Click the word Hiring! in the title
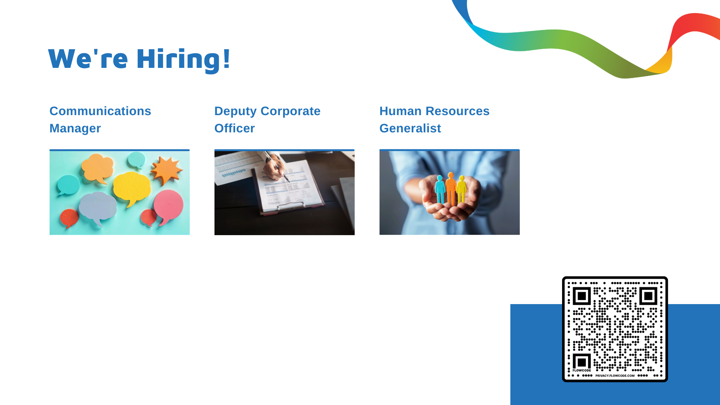click(x=183, y=59)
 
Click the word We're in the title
click(x=88, y=59)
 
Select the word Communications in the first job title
click(x=100, y=111)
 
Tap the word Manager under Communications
click(x=75, y=128)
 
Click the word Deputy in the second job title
click(x=235, y=111)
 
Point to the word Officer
click(x=234, y=128)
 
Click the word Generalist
click(x=410, y=128)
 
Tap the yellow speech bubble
click(x=131, y=187)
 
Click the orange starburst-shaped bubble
click(x=166, y=170)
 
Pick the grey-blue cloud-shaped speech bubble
click(x=98, y=208)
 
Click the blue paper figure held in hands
click(x=440, y=189)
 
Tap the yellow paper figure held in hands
click(x=461, y=190)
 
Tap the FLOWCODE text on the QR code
click(x=582, y=370)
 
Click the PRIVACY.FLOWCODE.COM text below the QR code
click(x=615, y=375)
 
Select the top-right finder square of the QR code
click(x=648, y=296)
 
